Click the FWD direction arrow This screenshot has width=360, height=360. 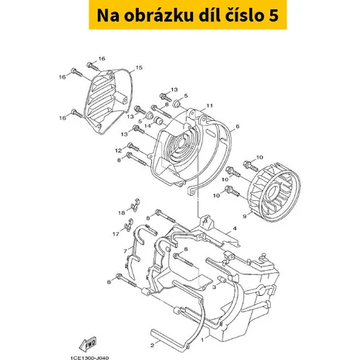(x=88, y=344)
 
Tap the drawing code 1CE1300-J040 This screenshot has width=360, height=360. (x=90, y=358)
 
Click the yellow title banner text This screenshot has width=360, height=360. (x=188, y=15)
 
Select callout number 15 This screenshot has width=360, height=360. (x=139, y=68)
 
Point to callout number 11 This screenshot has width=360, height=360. (x=210, y=106)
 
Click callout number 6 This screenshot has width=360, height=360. (x=238, y=126)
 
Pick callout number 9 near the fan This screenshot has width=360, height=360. (x=245, y=217)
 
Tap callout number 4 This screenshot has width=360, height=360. (x=235, y=228)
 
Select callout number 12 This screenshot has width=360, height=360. (x=119, y=150)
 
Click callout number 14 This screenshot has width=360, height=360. (x=148, y=125)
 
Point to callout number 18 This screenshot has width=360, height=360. (x=122, y=212)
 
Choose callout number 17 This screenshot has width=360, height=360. (x=116, y=233)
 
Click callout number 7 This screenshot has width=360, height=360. (x=125, y=251)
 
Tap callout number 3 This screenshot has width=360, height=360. (x=214, y=287)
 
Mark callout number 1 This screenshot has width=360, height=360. (x=202, y=340)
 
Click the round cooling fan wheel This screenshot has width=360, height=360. (x=275, y=189)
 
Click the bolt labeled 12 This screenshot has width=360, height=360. (x=135, y=147)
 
